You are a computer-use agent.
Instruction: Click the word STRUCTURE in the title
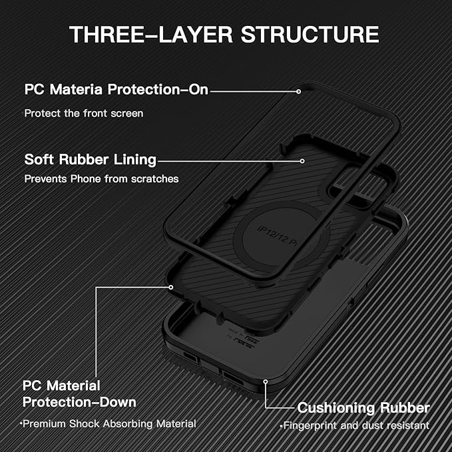click(x=316, y=34)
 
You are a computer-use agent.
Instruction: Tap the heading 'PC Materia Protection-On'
click(x=116, y=89)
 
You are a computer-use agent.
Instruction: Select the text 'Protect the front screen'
click(x=84, y=113)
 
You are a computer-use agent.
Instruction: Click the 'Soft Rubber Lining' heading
click(x=91, y=160)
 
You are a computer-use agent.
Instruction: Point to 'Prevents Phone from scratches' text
click(x=102, y=179)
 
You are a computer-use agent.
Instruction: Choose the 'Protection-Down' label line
click(x=79, y=402)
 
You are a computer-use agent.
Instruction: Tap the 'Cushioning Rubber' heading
click(x=363, y=407)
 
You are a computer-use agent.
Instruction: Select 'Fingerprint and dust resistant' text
click(x=355, y=425)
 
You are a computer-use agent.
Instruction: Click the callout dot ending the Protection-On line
click(x=300, y=89)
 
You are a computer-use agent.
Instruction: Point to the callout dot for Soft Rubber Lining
click(x=303, y=160)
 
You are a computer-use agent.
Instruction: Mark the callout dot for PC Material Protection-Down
click(x=171, y=287)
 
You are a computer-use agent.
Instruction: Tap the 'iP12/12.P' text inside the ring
click(x=277, y=231)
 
